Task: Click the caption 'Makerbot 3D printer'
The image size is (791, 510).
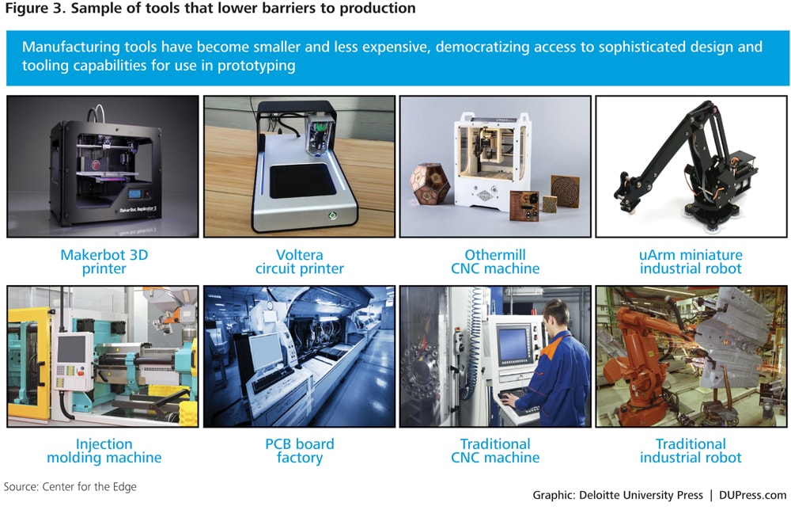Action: point(104,261)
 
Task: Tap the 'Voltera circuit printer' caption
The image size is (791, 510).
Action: point(300,261)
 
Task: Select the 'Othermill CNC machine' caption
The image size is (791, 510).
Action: point(495,261)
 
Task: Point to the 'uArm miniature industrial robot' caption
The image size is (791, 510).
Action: point(691,261)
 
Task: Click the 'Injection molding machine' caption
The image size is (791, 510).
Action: point(104,451)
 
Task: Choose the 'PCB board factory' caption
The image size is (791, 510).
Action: point(300,451)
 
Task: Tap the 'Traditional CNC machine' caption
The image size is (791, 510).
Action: point(495,451)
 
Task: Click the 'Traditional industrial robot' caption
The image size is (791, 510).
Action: point(691,451)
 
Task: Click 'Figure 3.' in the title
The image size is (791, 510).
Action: point(36,9)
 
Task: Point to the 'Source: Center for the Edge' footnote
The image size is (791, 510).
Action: point(70,487)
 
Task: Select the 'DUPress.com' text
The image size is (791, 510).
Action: point(753,496)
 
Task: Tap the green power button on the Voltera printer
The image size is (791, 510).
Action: point(332,215)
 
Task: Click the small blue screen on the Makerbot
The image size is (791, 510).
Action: point(134,193)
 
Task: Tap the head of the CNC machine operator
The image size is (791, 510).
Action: point(556,314)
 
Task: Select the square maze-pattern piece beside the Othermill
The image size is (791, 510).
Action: point(565,191)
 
